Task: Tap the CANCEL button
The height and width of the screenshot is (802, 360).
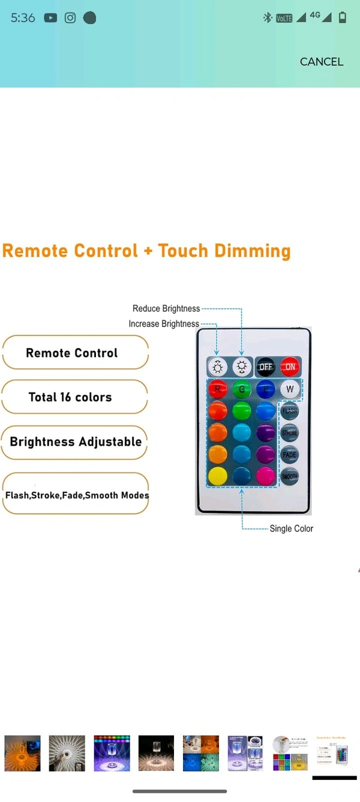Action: (x=322, y=62)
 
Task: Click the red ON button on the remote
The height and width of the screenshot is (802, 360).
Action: (x=290, y=367)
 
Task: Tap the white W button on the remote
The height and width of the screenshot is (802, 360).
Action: (x=290, y=389)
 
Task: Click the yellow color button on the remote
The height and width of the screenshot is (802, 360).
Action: (x=218, y=476)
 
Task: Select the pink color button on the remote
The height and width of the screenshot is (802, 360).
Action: (x=265, y=476)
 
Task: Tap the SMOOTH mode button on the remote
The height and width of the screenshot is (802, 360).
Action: (x=289, y=476)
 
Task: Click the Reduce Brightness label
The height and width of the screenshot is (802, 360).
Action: (x=166, y=308)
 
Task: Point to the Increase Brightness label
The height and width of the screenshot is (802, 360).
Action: (x=164, y=324)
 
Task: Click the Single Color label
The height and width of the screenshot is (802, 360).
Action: (x=292, y=528)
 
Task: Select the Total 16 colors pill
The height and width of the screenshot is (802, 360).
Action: (x=74, y=397)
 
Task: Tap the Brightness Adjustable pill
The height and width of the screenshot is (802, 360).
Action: (x=75, y=442)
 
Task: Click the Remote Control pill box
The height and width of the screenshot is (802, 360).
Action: (x=75, y=353)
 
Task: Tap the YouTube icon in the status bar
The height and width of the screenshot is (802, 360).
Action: (x=50, y=18)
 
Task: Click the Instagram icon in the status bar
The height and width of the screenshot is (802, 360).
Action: (x=70, y=18)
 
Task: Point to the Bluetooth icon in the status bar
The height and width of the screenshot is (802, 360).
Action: (x=268, y=18)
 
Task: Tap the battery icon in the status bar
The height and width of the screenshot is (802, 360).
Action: (x=343, y=18)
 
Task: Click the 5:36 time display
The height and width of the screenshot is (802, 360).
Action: (x=23, y=18)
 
